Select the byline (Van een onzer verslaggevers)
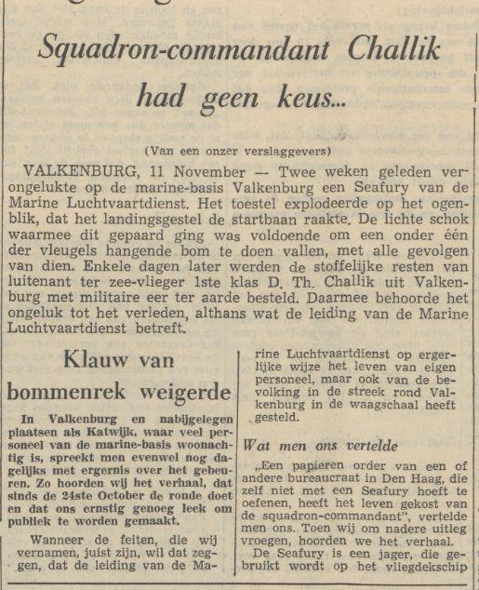tap(238, 150)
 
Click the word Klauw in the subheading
tap(98, 360)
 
